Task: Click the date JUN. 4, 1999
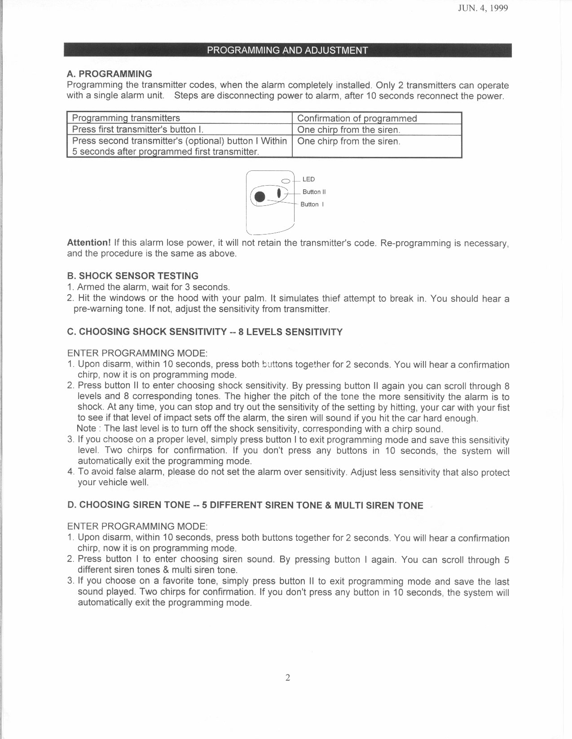[x=483, y=9]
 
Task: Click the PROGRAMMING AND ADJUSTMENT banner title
[x=287, y=50]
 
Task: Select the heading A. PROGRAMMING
[x=110, y=74]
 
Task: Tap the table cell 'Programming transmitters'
[x=126, y=118]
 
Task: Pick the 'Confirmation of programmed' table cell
[x=357, y=118]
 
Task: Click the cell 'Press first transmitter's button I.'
[x=138, y=130]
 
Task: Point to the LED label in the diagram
[x=308, y=179]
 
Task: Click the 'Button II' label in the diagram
[x=314, y=192]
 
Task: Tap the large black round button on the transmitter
[x=260, y=196]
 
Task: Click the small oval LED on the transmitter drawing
[x=286, y=181]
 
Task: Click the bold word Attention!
[x=88, y=243]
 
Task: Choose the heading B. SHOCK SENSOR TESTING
[x=132, y=276]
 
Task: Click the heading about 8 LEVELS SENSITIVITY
[x=204, y=332]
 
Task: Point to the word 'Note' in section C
[x=87, y=428]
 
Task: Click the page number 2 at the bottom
[x=288, y=677]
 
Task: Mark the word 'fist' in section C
[x=502, y=408]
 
